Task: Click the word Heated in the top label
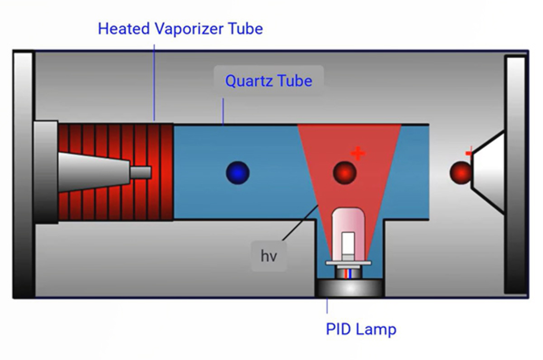click(x=124, y=29)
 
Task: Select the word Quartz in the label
click(x=249, y=81)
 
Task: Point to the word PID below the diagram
click(x=337, y=329)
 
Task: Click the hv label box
click(x=269, y=256)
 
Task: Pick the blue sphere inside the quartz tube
click(x=238, y=173)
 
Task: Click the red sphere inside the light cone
click(x=344, y=173)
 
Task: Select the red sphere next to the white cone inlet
click(x=460, y=173)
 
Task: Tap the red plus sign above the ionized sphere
click(x=357, y=154)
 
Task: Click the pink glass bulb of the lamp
click(x=348, y=221)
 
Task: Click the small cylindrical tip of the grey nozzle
click(x=141, y=173)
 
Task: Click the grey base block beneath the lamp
click(x=350, y=288)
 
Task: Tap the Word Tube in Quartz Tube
click(x=294, y=81)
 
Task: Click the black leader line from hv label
click(x=300, y=222)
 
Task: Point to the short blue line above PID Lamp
click(x=327, y=306)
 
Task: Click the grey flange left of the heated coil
click(x=45, y=172)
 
